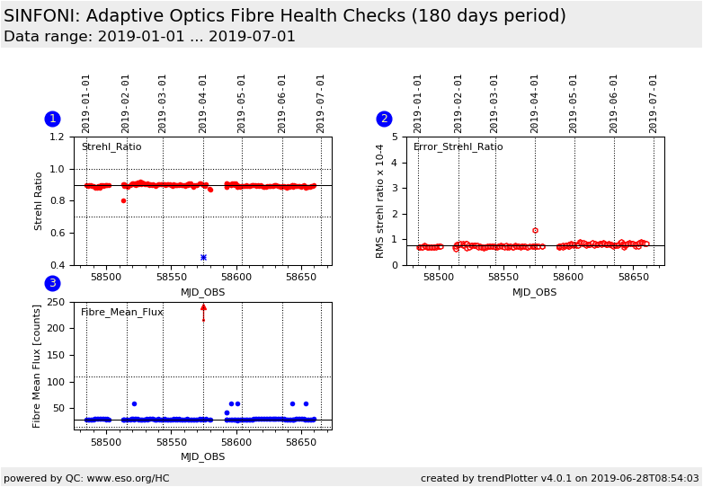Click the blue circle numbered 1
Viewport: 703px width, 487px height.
[52, 119]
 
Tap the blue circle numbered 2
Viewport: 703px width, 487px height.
[384, 119]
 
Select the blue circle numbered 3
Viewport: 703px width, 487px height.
[52, 283]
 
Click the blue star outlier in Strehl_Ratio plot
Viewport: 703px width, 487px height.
[203, 257]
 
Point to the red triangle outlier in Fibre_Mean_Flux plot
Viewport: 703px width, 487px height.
[203, 307]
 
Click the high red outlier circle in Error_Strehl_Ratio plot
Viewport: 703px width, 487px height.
[535, 231]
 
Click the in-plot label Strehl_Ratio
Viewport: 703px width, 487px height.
[111, 147]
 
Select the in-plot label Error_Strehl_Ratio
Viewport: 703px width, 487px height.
[458, 147]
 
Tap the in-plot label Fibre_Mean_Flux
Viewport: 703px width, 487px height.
[122, 313]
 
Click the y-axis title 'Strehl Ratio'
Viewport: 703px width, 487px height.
[39, 200]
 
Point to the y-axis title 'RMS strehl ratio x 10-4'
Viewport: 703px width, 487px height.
[379, 200]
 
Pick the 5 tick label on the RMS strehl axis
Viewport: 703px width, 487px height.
[396, 137]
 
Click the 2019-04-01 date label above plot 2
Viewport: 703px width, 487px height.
[535, 103]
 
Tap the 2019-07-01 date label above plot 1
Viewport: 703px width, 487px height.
[321, 103]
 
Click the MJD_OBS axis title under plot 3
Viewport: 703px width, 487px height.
[203, 456]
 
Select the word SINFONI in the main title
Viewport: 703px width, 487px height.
[42, 16]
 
